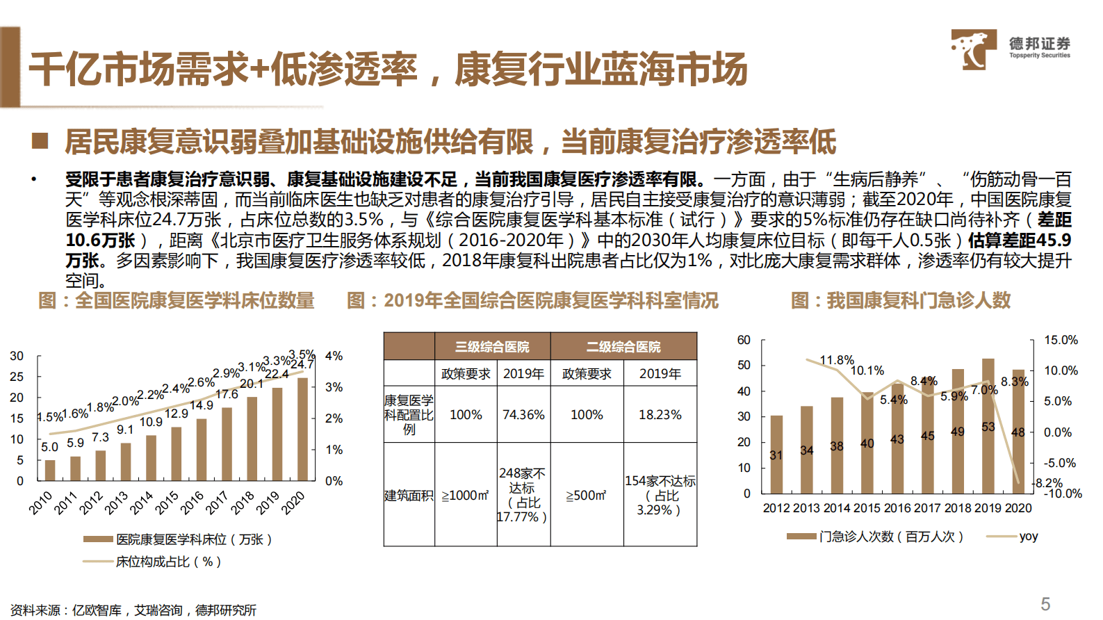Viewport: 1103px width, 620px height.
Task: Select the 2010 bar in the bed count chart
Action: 49,470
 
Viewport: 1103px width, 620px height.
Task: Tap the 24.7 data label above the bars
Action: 302,364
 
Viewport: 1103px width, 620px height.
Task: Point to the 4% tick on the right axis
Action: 334,356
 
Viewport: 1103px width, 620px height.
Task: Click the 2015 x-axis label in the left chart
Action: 167,502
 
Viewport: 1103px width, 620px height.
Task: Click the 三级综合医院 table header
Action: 492,346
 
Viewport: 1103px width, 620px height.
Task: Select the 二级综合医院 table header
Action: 623,346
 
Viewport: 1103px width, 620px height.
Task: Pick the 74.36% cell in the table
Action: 523,415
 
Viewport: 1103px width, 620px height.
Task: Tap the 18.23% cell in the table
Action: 660,415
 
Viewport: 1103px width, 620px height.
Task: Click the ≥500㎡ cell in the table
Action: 586,496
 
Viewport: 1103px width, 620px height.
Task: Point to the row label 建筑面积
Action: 409,496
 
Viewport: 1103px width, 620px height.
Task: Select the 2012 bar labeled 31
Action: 776,455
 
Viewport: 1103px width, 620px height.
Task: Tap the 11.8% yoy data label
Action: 836,360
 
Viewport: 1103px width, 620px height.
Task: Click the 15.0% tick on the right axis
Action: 1061,340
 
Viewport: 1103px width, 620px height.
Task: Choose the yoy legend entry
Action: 1028,537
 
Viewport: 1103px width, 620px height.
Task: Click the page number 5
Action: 1045,603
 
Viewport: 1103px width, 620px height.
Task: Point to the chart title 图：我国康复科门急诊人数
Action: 901,301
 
